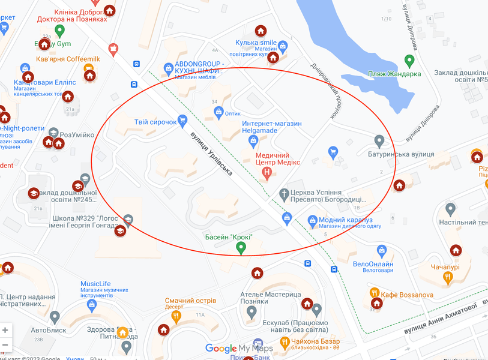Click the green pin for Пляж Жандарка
[409, 61]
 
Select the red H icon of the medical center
[267, 173]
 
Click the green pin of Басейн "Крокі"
[241, 247]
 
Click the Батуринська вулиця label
[400, 154]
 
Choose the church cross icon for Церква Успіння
[285, 193]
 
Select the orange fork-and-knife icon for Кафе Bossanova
[375, 293]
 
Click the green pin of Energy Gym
[59, 30]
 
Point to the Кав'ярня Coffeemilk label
[68, 58]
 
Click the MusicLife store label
[95, 284]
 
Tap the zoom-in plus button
[5, 330]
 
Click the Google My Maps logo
[239, 349]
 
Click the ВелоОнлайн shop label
[373, 264]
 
